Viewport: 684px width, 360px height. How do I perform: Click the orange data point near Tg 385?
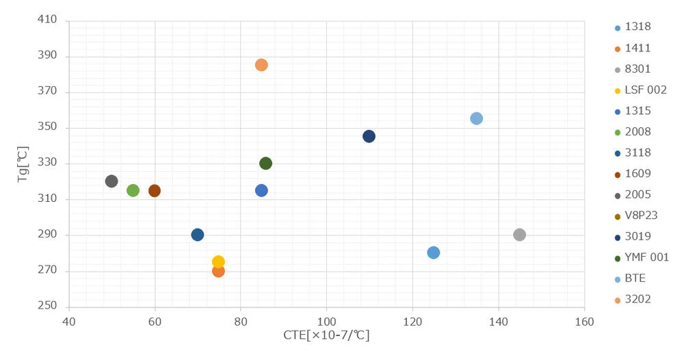pyautogui.click(x=261, y=65)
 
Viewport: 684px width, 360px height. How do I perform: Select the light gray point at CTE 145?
pyautogui.click(x=519, y=235)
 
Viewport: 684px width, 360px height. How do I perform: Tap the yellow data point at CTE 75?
pyautogui.click(x=218, y=262)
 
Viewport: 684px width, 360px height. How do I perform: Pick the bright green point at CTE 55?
pyautogui.click(x=133, y=191)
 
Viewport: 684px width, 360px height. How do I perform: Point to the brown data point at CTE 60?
pyautogui.click(x=155, y=191)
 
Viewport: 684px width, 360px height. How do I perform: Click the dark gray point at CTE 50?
pyautogui.click(x=111, y=181)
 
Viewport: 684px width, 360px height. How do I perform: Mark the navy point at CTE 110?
pyautogui.click(x=369, y=137)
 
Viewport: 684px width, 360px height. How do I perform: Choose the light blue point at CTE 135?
pyautogui.click(x=476, y=118)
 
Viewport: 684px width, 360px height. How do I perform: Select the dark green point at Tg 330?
pyautogui.click(x=265, y=164)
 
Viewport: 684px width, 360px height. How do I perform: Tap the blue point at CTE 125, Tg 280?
pyautogui.click(x=433, y=253)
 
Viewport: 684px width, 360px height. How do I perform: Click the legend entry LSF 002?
pyautogui.click(x=641, y=90)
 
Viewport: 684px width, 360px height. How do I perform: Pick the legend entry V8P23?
pyautogui.click(x=636, y=216)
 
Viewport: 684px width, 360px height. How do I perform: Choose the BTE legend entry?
pyautogui.click(x=630, y=279)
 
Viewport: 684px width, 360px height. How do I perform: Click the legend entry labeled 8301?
pyautogui.click(x=633, y=69)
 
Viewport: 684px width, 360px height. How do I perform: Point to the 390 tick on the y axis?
pyautogui.click(x=47, y=55)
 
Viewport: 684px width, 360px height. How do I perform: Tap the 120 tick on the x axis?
pyautogui.click(x=412, y=322)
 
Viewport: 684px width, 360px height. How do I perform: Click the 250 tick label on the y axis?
pyautogui.click(x=47, y=305)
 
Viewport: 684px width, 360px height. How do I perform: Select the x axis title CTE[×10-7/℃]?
pyautogui.click(x=326, y=335)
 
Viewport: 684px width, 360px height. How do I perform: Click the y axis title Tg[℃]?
pyautogui.click(x=23, y=164)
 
